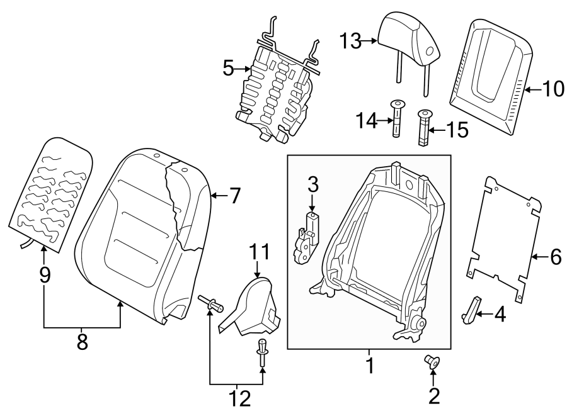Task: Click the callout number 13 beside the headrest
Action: (352, 42)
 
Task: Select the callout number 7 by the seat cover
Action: (234, 196)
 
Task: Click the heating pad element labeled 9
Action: (50, 195)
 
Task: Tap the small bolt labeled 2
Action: (432, 362)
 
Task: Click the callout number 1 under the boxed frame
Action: (370, 365)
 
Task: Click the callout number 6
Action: (554, 256)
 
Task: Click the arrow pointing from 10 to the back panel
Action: (532, 90)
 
